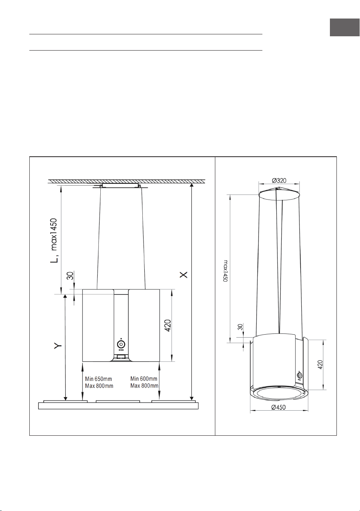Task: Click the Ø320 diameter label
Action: pos(279,181)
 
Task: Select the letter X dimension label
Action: pos(184,275)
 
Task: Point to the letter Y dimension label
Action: pos(58,346)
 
